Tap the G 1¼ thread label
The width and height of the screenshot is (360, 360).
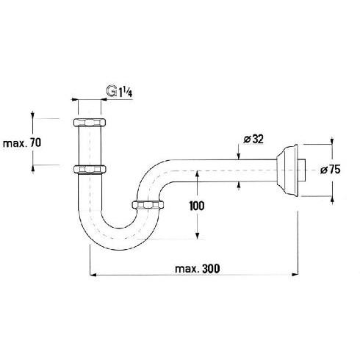click(122, 92)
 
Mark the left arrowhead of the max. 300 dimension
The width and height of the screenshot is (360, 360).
click(92, 275)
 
